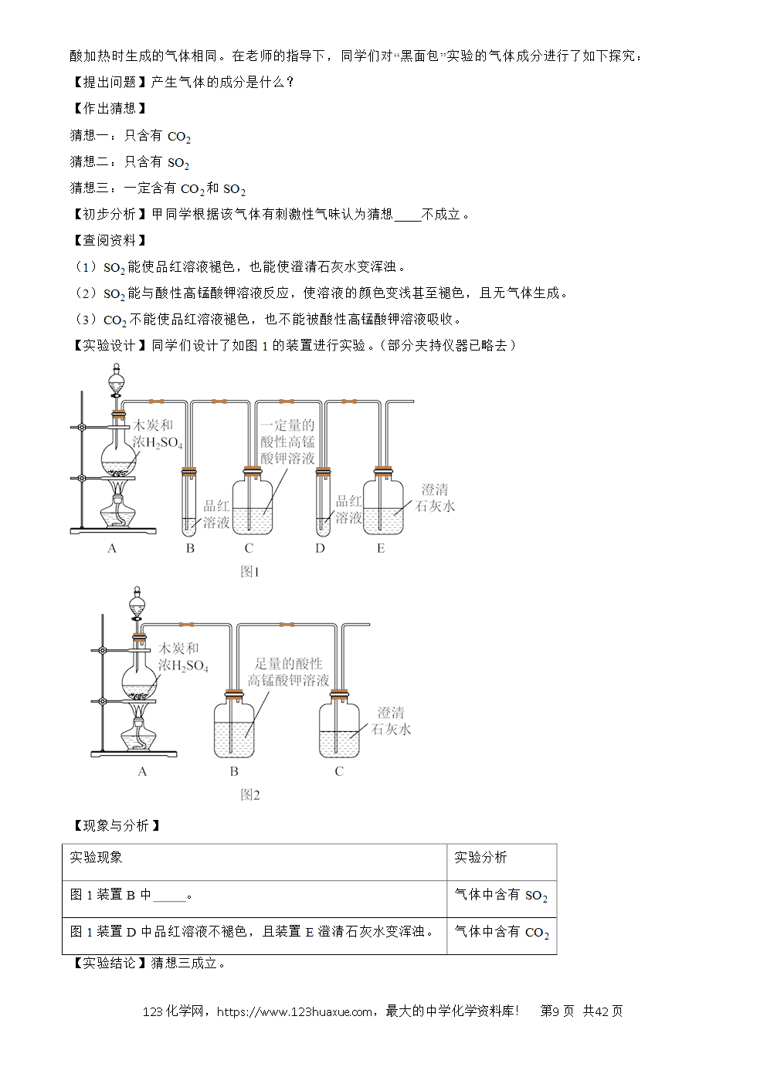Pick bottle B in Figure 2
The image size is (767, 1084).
pyautogui.click(x=234, y=724)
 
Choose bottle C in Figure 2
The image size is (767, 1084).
pyautogui.click(x=339, y=724)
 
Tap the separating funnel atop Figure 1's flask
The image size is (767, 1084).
pyautogui.click(x=116, y=382)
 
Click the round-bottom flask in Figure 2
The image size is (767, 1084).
pyautogui.click(x=139, y=678)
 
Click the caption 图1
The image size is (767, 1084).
pyautogui.click(x=249, y=572)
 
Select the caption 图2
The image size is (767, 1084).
pyautogui.click(x=250, y=795)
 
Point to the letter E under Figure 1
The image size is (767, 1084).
pyautogui.click(x=381, y=548)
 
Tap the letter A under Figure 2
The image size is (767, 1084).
pyautogui.click(x=142, y=771)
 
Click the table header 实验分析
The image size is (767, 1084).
pyautogui.click(x=480, y=858)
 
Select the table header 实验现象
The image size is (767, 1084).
pyautogui.click(x=96, y=858)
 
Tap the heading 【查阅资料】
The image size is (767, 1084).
pyautogui.click(x=109, y=241)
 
